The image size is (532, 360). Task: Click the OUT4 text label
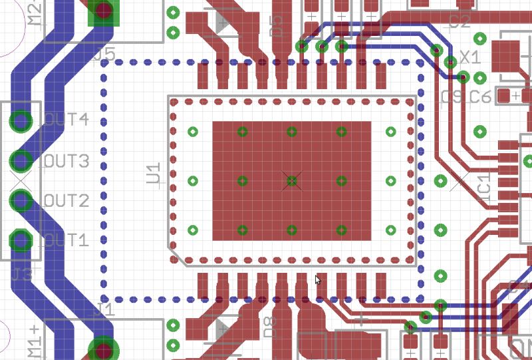click(66, 120)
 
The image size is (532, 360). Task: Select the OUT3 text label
click(66, 161)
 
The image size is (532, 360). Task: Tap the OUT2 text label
click(66, 201)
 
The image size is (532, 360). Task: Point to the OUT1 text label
click(66, 240)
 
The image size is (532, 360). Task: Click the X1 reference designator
click(470, 58)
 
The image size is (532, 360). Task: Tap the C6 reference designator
click(480, 97)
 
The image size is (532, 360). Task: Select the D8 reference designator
click(270, 326)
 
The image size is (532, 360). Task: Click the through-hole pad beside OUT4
click(21, 121)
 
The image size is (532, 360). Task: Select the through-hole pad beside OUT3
click(21, 161)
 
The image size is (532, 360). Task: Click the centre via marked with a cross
click(292, 180)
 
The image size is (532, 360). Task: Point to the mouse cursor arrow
click(318, 279)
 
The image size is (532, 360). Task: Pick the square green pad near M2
click(103, 11)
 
